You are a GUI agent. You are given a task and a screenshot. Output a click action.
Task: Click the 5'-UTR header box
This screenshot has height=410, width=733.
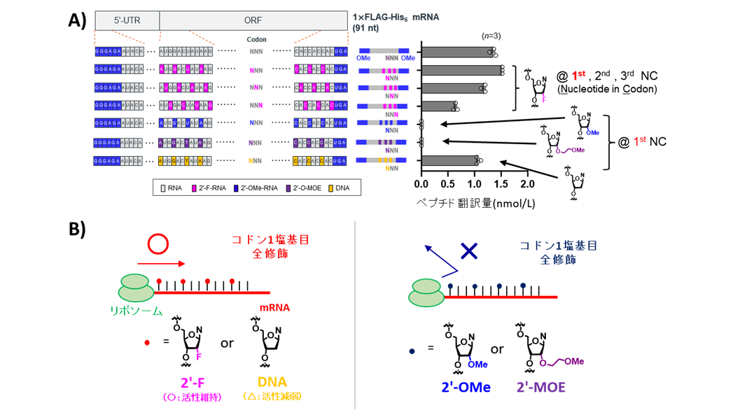[127, 21]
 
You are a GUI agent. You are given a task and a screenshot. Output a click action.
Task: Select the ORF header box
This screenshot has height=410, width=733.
[253, 21]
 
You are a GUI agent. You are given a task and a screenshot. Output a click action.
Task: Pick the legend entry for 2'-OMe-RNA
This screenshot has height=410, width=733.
[256, 188]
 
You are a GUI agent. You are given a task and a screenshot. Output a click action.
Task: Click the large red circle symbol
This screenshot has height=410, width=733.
[158, 243]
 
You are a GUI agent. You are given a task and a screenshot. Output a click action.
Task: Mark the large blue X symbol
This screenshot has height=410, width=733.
[469, 251]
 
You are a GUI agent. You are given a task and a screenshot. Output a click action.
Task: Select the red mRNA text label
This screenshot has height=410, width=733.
[274, 307]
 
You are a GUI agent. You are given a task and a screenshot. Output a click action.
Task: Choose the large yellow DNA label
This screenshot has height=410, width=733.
[272, 383]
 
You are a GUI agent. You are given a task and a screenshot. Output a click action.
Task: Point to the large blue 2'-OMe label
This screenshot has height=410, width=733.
[466, 387]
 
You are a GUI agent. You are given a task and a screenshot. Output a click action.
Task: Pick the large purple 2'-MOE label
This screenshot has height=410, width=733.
[540, 387]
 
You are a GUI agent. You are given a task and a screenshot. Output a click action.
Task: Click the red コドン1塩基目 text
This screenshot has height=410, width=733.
[270, 239]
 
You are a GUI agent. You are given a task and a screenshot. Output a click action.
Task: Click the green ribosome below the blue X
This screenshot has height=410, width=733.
[426, 292]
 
